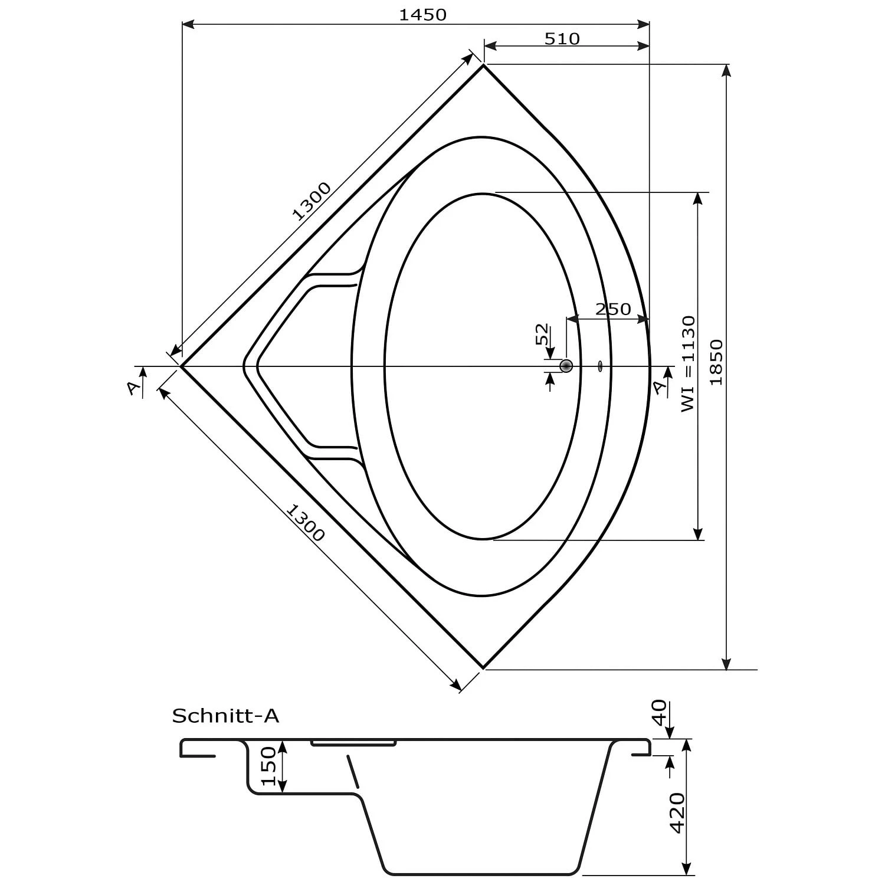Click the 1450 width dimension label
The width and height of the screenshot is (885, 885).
tap(422, 15)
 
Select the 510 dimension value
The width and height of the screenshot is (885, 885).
tap(562, 39)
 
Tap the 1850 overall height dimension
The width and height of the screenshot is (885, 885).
tap(716, 362)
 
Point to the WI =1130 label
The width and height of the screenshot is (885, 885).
tap(688, 364)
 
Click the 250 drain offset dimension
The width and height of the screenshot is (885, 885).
tap(613, 309)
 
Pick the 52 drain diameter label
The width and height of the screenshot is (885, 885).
tap(542, 335)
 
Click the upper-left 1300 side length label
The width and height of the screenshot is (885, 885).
tap(312, 201)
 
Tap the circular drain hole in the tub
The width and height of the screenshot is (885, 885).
tap(566, 366)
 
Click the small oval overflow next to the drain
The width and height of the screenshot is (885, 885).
tap(600, 366)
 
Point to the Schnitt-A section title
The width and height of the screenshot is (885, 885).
tap(225, 716)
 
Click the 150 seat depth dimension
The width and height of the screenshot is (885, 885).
tap(268, 766)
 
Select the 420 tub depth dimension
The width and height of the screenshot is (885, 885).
tap(677, 812)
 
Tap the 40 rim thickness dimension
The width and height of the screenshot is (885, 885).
tap(659, 712)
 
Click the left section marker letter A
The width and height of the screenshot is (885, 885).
tap(133, 388)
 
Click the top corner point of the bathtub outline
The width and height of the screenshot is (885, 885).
tap(484, 65)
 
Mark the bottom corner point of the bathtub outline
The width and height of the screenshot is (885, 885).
tap(484, 668)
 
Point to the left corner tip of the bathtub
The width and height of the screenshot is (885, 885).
tap(182, 366)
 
